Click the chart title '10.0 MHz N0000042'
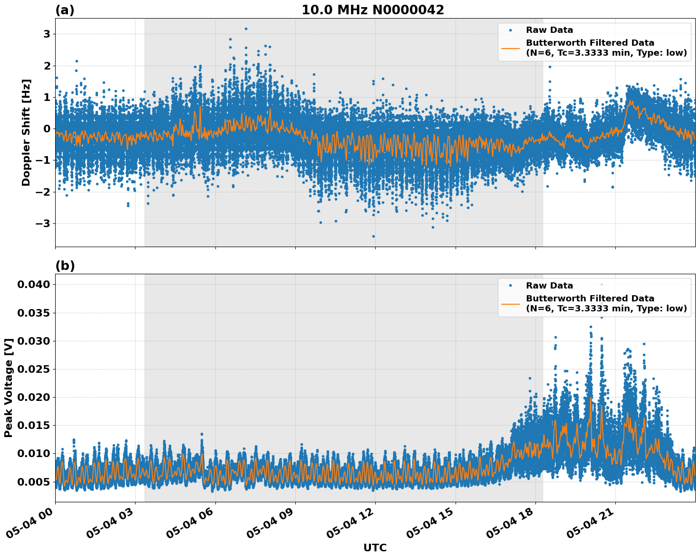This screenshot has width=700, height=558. click(373, 10)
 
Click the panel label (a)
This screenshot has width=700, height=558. click(65, 10)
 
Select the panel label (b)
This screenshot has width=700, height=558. click(65, 266)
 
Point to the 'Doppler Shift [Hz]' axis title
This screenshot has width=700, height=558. click(26, 133)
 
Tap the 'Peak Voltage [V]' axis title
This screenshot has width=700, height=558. click(9, 388)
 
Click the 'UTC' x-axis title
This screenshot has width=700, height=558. click(375, 548)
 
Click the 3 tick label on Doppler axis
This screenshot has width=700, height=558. click(47, 34)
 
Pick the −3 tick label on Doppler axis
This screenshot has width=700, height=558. click(44, 223)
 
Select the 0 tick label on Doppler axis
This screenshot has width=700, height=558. click(47, 129)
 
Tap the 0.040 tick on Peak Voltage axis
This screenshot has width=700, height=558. click(33, 285)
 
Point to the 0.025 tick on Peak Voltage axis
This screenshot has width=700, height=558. click(33, 369)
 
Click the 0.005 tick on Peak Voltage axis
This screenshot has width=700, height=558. click(33, 482)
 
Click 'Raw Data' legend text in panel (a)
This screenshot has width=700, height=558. click(549, 30)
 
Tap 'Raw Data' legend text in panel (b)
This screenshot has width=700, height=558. click(549, 286)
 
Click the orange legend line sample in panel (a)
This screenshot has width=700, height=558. click(510, 48)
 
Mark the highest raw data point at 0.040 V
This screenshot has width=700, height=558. click(602, 284)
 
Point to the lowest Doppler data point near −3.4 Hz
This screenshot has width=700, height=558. click(373, 236)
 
